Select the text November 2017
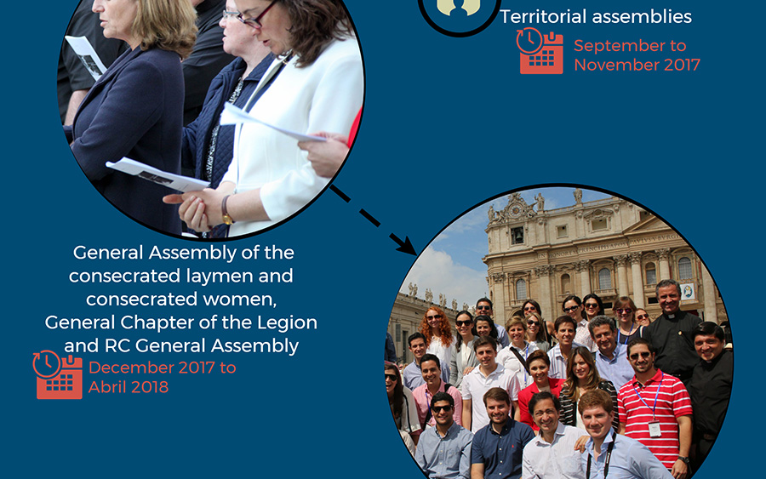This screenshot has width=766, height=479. [x=637, y=65]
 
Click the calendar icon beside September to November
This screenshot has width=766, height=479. [x=540, y=51]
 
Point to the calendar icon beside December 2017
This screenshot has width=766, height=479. [x=58, y=375]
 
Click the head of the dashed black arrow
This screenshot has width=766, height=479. [x=407, y=244]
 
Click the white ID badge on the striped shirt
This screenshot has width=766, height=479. [x=655, y=429]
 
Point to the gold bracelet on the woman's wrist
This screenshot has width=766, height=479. [x=226, y=210]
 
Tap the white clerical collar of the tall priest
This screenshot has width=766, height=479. [x=672, y=316]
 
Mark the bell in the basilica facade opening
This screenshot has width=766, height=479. [x=517, y=237]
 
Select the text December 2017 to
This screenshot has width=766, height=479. [x=163, y=368]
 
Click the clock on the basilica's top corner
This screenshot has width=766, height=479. [x=515, y=210]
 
